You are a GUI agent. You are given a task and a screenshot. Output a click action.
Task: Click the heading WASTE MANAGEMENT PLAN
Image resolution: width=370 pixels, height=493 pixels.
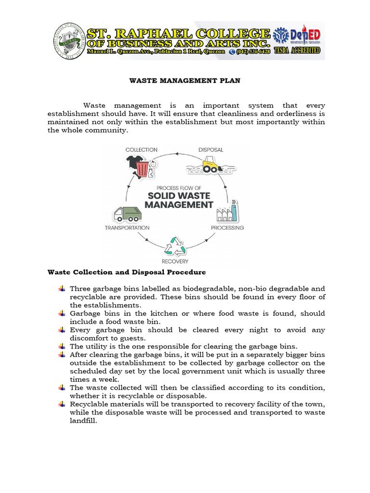tap(185, 81)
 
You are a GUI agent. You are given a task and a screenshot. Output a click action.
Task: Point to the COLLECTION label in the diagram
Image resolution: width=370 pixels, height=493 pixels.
tap(141, 150)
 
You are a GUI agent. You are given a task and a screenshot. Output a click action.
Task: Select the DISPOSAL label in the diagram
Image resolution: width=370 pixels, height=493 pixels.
tap(211, 150)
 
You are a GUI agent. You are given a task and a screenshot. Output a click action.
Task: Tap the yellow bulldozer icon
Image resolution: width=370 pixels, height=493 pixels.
tap(211, 167)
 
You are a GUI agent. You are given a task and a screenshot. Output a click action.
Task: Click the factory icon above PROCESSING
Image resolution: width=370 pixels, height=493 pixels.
tap(227, 211)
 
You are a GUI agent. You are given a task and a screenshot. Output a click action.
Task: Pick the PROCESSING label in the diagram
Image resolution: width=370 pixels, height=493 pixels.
tap(227, 228)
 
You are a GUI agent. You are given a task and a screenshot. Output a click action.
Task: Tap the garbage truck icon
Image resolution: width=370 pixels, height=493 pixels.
tap(127, 213)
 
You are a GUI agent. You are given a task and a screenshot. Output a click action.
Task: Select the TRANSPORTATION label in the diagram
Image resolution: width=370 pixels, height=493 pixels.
tap(127, 228)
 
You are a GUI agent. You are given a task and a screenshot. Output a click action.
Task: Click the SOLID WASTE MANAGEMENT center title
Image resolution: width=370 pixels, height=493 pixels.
tap(179, 200)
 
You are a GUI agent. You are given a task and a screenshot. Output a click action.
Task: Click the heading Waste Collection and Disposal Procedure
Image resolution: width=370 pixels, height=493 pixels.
tap(126, 272)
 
